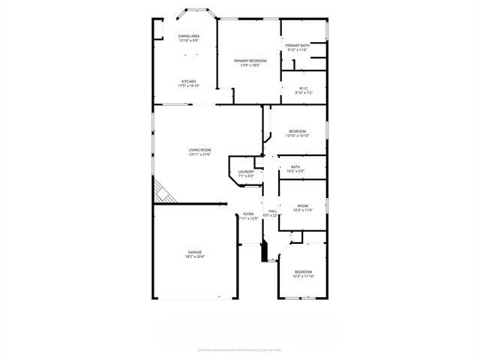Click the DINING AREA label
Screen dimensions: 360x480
click(188, 36)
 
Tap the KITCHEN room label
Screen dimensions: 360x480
click(188, 81)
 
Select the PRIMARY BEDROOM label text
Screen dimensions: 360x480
click(249, 61)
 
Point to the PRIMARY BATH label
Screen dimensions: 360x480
click(297, 46)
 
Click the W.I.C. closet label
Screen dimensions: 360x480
click(304, 88)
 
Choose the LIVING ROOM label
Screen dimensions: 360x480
click(199, 150)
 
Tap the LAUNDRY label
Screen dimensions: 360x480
click(246, 172)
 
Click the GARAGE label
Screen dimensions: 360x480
click(194, 252)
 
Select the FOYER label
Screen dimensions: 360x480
click(248, 214)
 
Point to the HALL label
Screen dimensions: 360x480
click(272, 211)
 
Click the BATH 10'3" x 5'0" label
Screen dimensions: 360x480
click(295, 166)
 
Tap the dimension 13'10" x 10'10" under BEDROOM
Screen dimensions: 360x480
click(298, 136)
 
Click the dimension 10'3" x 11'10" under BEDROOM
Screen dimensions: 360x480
click(303, 277)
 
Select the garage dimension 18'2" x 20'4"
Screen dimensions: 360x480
click(194, 257)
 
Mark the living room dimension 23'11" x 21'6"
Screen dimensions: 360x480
click(199, 155)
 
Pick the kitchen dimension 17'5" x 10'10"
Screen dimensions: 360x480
click(188, 86)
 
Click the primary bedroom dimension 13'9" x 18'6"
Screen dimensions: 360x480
click(249, 65)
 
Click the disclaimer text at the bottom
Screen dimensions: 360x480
click(239, 349)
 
